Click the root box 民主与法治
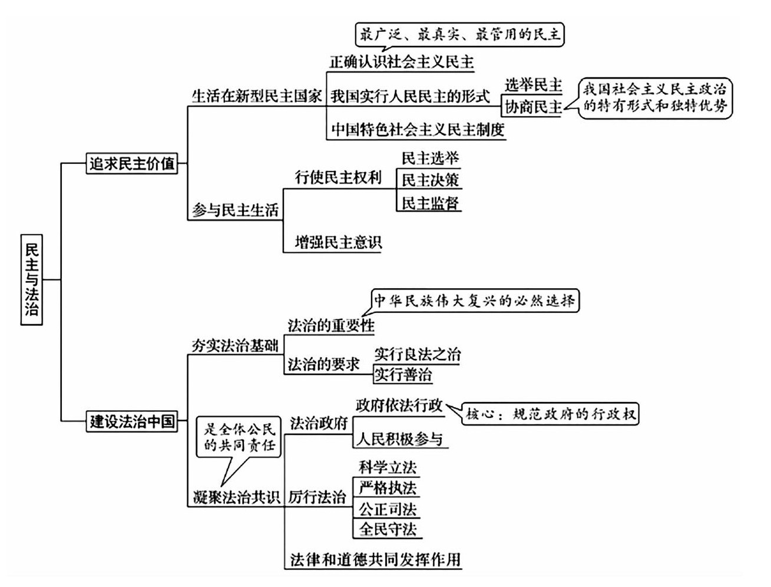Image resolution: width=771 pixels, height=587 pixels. pos(32,279)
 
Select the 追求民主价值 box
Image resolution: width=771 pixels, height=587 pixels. pos(133,163)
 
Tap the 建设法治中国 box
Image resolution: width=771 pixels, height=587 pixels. pos(133,421)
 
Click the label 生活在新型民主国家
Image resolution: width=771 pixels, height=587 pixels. pos(257,96)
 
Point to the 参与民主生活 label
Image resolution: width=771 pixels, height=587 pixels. pos(235,210)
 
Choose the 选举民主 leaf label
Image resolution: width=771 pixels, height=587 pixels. pos(533,85)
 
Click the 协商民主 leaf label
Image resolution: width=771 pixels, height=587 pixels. pos(533,107)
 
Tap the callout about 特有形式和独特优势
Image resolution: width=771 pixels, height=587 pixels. pos(654,98)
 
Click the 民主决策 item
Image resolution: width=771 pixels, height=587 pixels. pos(430,180)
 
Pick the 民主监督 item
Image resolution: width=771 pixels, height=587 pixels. pos(430,203)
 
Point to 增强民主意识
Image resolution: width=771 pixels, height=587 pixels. pos(338,242)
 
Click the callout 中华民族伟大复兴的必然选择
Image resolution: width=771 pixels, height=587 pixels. pos(475,301)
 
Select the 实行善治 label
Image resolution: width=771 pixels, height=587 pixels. pos(403,374)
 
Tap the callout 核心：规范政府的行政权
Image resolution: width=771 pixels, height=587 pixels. pos(551,414)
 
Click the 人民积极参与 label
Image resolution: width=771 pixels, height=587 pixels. pos(399,439)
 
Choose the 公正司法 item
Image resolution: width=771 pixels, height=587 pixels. pos(388,508)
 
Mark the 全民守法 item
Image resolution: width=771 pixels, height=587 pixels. pos(388,529)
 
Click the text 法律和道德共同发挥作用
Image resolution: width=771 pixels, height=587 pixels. pos(375,559)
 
